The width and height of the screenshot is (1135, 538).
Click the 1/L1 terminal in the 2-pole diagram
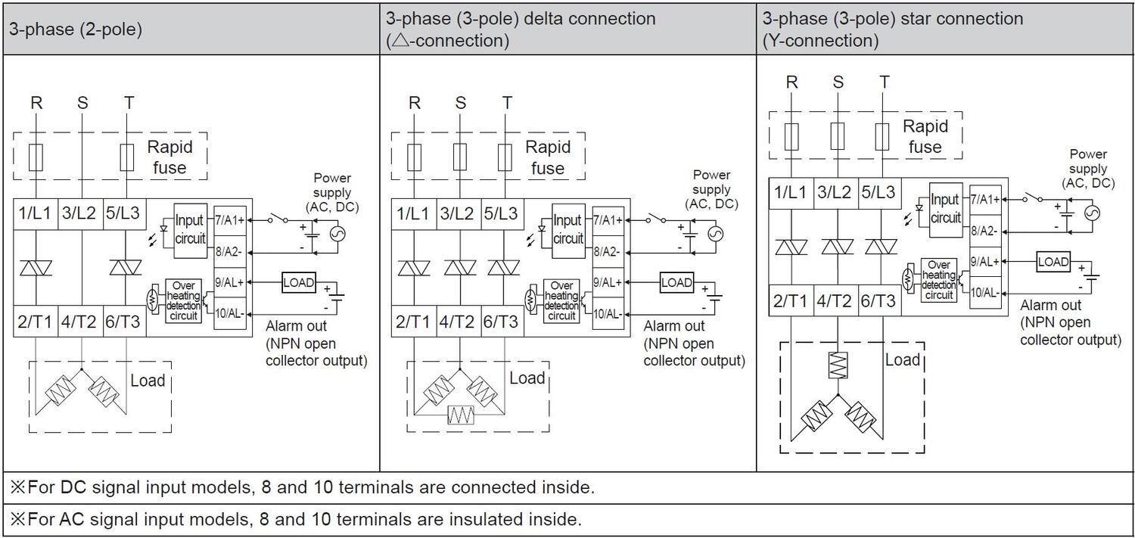(34, 214)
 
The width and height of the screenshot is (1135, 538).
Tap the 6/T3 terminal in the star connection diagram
(878, 301)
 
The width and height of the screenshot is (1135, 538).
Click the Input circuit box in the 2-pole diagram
(189, 229)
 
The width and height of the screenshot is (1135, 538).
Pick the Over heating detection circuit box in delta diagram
(561, 301)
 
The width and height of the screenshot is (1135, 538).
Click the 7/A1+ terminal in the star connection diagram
(984, 200)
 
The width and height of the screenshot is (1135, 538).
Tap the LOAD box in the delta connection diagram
(676, 282)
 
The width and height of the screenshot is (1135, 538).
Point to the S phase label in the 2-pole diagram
(82, 103)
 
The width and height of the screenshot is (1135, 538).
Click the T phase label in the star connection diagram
(885, 82)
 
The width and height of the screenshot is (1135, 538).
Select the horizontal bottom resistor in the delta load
(461, 415)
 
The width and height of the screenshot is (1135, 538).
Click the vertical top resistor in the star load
(838, 365)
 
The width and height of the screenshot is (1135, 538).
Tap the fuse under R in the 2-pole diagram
(36, 158)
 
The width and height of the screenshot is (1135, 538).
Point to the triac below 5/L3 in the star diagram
(880, 247)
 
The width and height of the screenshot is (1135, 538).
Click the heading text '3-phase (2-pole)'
(75, 31)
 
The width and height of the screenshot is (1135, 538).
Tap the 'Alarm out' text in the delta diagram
(674, 326)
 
